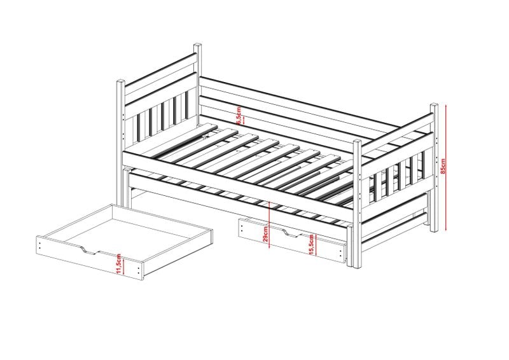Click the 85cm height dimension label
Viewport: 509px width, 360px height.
(443, 166)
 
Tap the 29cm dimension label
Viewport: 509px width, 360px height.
(265, 234)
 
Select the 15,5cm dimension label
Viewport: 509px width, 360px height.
(311, 244)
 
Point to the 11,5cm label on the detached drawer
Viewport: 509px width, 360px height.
(118, 264)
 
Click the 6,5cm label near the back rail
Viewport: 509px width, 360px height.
(239, 116)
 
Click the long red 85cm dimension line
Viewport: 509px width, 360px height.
(447, 167)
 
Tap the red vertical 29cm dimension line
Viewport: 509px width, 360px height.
(270, 225)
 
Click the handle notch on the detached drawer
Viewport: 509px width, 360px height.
(88, 251)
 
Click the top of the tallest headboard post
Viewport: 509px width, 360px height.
(198, 45)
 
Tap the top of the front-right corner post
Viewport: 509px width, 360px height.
(358, 142)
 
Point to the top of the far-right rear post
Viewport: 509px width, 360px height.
(434, 105)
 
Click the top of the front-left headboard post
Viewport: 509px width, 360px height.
(121, 81)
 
